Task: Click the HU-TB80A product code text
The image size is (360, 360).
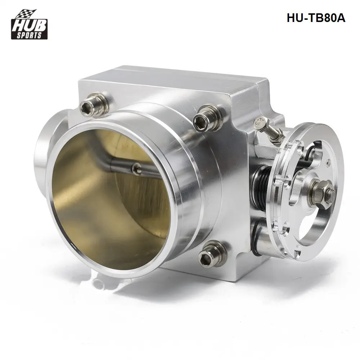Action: (316, 18)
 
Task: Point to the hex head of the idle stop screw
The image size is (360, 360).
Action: (260, 124)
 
